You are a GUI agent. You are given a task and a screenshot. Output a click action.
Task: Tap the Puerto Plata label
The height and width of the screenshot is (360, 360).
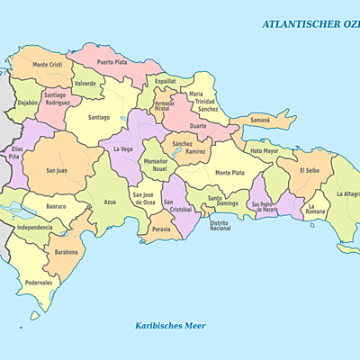click(x=113, y=62)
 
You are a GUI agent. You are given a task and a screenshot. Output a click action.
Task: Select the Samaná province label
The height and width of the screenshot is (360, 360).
click(x=259, y=120)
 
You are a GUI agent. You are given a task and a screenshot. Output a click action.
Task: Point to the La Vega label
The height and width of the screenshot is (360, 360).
click(x=123, y=149)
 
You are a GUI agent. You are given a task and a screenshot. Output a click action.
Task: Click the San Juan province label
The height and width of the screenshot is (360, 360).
click(x=57, y=170)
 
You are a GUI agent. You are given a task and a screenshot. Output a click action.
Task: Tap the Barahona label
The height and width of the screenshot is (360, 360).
click(x=66, y=252)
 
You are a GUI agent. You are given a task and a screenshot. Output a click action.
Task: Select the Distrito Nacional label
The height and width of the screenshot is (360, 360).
click(x=220, y=225)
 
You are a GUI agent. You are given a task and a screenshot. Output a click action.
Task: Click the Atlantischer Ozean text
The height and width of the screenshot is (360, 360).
click(x=310, y=24)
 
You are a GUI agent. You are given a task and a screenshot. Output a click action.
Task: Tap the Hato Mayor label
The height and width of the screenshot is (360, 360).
click(x=264, y=150)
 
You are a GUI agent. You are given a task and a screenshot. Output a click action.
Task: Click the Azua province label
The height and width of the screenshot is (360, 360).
click(x=110, y=202)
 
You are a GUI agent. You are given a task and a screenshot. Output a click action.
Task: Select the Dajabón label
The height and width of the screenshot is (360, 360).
click(x=28, y=103)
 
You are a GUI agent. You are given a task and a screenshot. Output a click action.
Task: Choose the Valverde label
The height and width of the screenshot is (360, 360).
click(x=85, y=84)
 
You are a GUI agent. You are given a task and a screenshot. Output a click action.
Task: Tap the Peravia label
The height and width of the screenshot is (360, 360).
click(x=162, y=229)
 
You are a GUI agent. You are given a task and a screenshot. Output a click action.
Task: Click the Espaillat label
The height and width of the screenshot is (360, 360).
click(x=165, y=81)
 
